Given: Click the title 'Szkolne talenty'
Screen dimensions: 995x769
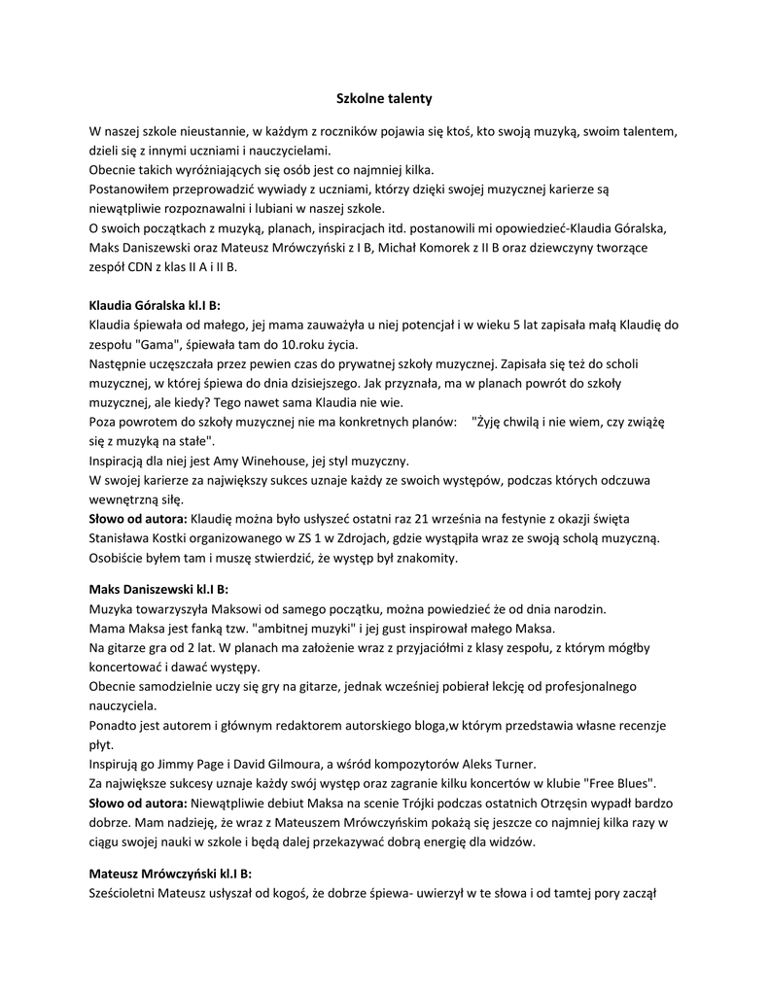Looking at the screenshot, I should (384, 99).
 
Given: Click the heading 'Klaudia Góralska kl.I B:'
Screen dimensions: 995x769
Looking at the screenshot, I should (155, 304).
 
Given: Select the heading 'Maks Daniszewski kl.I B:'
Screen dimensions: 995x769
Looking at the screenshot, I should (158, 589).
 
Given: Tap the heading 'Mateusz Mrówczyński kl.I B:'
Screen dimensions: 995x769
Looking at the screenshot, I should (170, 873).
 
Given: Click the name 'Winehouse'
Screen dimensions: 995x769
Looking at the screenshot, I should (267, 461).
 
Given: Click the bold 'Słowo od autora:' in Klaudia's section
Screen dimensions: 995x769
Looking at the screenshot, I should (137, 519).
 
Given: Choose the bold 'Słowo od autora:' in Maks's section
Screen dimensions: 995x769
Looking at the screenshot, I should (137, 804).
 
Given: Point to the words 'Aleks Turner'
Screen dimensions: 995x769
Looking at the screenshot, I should (500, 764).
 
